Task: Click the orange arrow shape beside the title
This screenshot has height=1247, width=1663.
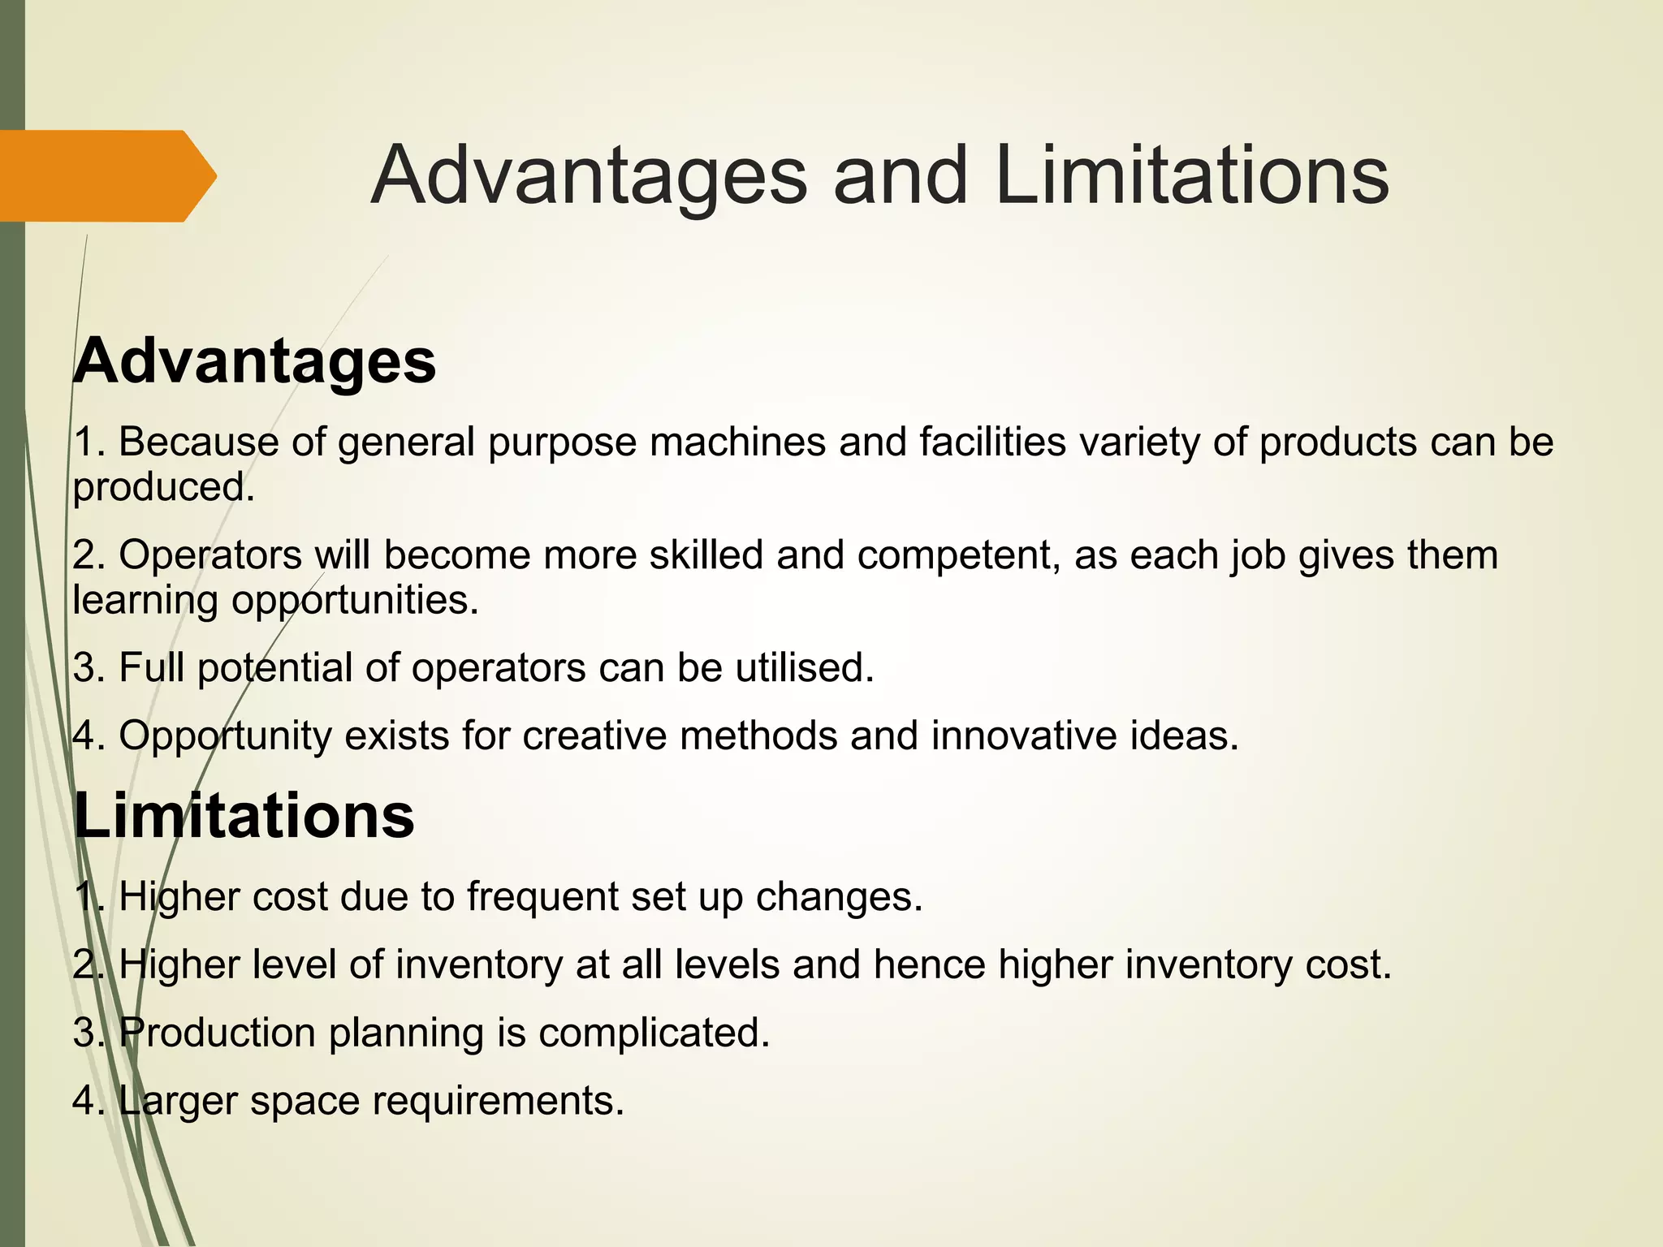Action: [106, 175]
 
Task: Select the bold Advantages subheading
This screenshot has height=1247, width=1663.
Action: [255, 360]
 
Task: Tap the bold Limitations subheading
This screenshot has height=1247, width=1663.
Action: [244, 815]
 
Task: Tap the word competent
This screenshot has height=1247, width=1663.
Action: [958, 555]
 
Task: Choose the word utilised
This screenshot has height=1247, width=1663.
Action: [805, 668]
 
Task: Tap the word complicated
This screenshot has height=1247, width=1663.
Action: [654, 1033]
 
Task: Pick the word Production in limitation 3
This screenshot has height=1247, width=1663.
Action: [217, 1033]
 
